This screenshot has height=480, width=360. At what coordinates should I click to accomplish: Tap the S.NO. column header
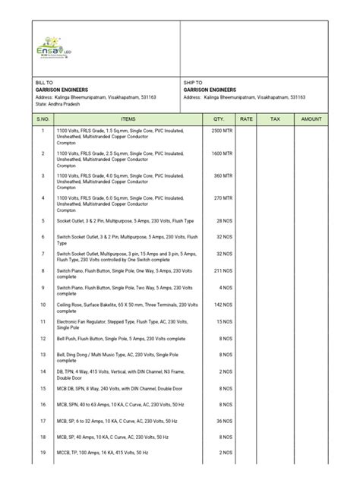(43, 119)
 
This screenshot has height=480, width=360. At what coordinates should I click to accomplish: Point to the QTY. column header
(219, 119)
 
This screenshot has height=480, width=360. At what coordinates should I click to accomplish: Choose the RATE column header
(246, 119)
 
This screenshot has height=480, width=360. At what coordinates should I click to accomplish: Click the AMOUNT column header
(311, 119)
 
